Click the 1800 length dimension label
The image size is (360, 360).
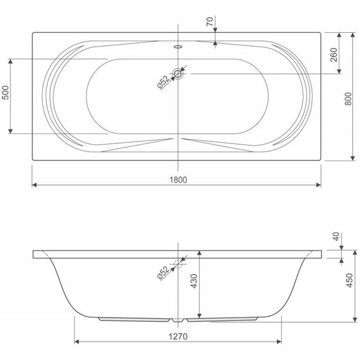click(x=178, y=179)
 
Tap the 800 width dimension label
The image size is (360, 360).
click(x=348, y=99)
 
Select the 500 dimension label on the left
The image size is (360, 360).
click(x=5, y=92)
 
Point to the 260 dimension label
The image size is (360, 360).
click(x=334, y=55)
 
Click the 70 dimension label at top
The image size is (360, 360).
click(x=210, y=21)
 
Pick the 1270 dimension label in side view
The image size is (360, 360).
click(x=178, y=337)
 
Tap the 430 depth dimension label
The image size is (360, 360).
click(x=194, y=281)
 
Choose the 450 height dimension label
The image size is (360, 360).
click(x=349, y=280)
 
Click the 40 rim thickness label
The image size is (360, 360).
click(x=336, y=236)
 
